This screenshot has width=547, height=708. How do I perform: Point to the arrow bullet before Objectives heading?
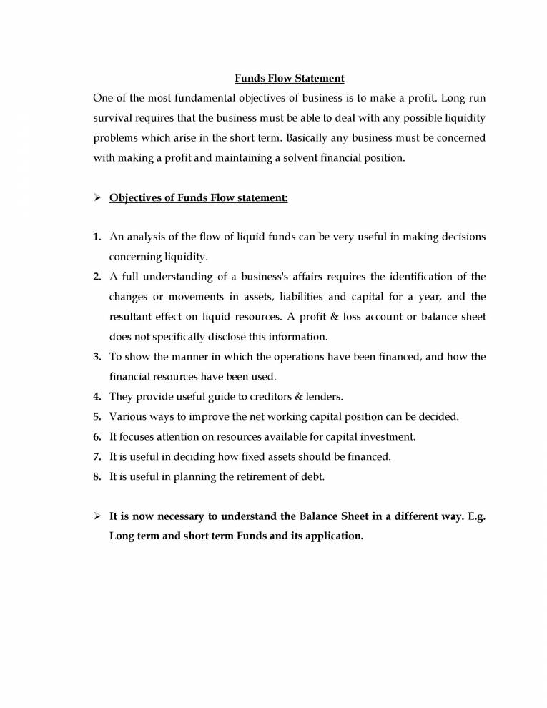[98, 198]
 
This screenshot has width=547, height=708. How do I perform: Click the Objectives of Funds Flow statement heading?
[198, 198]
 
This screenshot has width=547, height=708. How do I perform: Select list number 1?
[97, 237]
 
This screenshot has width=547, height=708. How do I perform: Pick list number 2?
[97, 277]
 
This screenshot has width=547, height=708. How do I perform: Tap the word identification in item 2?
[402, 277]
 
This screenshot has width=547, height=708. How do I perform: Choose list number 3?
[97, 356]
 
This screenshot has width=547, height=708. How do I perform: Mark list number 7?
[97, 456]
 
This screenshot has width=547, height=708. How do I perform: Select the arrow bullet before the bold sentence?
[98, 515]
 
